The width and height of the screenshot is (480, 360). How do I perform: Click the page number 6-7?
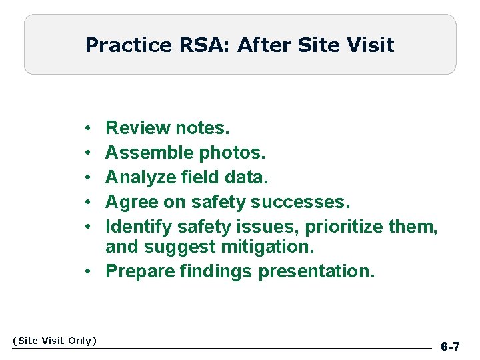pyautogui.click(x=450, y=347)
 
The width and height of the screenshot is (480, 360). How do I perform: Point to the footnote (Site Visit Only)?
pyautogui.click(x=55, y=341)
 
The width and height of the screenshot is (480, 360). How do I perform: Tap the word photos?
pyautogui.click(x=232, y=153)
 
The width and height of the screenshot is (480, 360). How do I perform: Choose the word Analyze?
pyautogui.click(x=141, y=177)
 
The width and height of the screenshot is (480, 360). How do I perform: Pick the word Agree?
pyautogui.click(x=130, y=202)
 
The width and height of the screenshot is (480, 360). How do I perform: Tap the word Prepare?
pyautogui.click(x=139, y=272)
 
